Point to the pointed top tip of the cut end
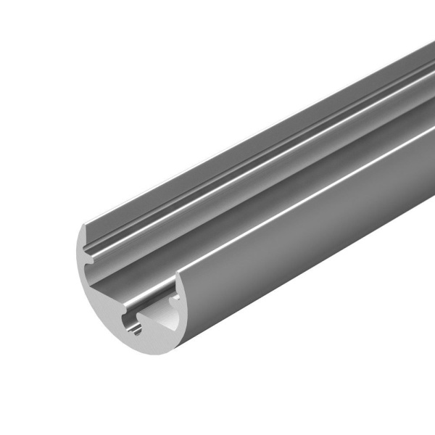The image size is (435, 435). (83, 224)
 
